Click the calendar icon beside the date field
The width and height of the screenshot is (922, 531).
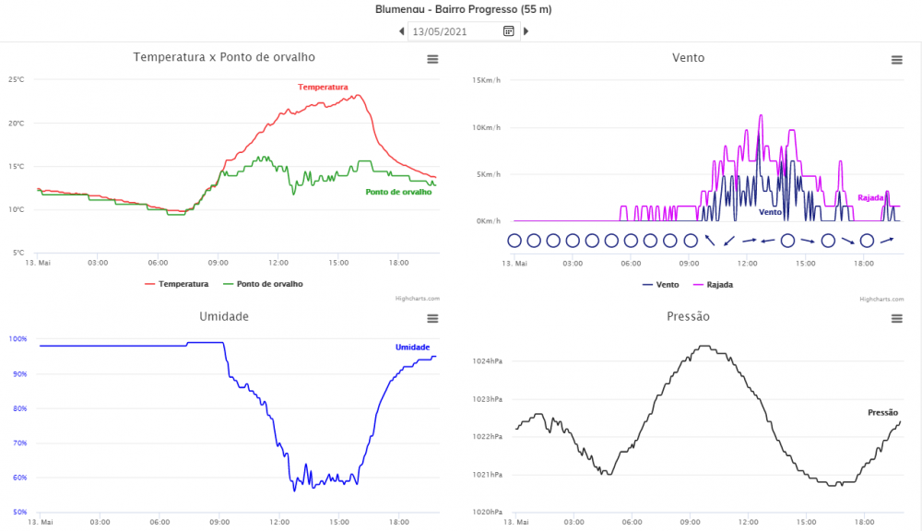508,31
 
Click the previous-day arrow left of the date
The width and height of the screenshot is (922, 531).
402,31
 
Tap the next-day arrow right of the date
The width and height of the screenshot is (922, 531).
526,31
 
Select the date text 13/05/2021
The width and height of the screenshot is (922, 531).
440,31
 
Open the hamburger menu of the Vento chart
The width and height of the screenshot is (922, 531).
896,60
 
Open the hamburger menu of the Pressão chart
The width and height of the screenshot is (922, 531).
896,319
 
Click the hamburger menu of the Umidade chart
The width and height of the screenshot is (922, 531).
432,319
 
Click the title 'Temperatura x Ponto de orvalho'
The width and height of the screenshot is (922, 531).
224,57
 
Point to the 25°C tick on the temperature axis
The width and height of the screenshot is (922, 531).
17,79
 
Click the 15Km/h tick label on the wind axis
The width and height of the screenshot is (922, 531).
486,80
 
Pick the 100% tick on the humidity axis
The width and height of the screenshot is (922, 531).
18,339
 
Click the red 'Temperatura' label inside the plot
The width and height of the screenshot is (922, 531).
323,87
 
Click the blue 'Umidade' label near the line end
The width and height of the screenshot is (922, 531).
412,347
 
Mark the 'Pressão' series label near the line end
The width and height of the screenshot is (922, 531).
883,412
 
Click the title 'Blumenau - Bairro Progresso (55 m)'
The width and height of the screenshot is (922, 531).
464,9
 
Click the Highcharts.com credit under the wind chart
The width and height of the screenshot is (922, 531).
880,299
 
